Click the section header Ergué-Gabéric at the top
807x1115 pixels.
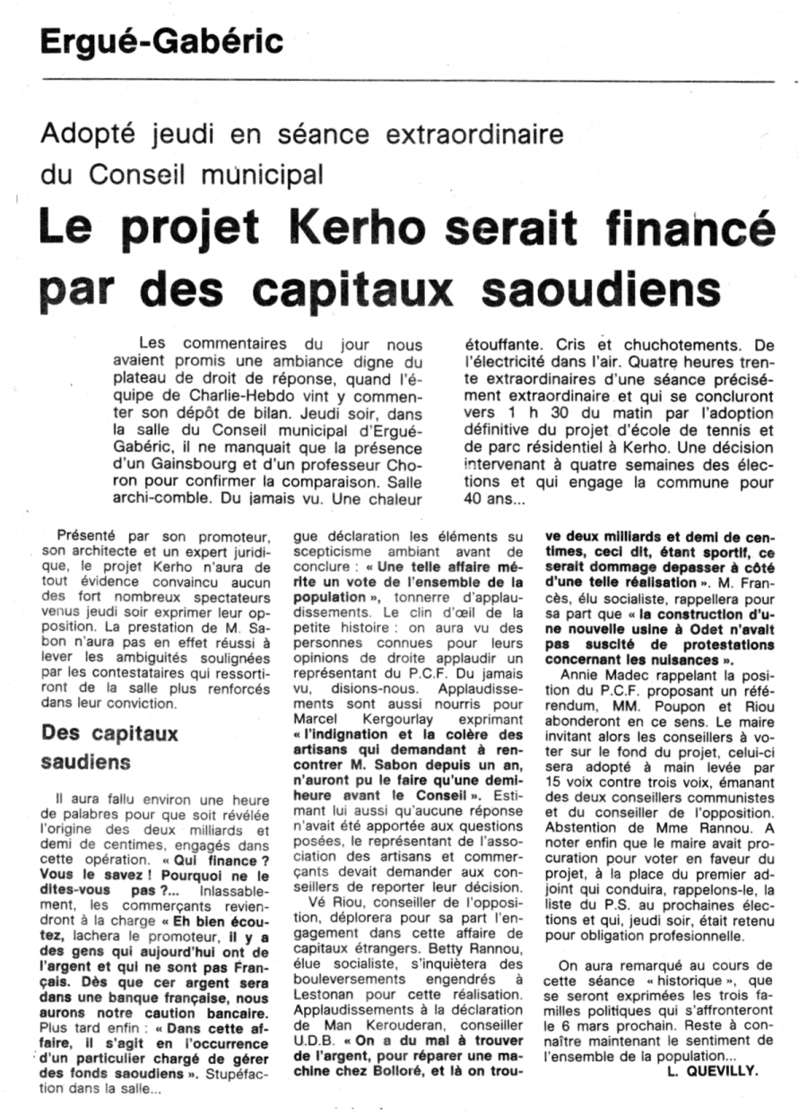(161, 41)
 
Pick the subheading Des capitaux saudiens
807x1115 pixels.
(111, 747)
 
